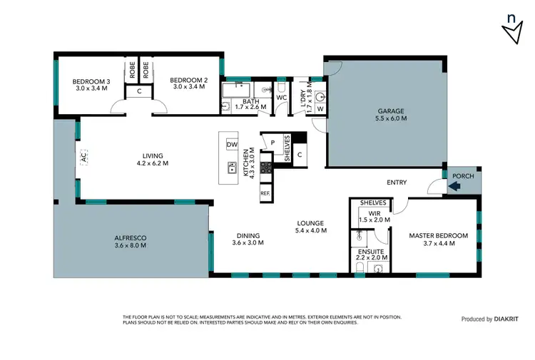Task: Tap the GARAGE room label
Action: tap(391, 111)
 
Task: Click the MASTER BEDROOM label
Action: tap(438, 236)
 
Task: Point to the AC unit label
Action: tap(83, 158)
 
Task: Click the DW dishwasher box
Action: tap(231, 145)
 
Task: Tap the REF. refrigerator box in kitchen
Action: tap(265, 193)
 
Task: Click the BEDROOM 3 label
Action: tap(89, 82)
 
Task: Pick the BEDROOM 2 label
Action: tap(189, 82)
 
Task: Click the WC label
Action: tap(281, 98)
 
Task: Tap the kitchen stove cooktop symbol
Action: tap(265, 168)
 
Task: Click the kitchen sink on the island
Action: tap(232, 168)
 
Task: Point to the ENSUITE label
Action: tap(372, 252)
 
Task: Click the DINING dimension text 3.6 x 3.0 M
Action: tap(248, 243)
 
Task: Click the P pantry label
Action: tap(272, 143)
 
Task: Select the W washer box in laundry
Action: tap(320, 109)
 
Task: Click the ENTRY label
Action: tap(397, 182)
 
